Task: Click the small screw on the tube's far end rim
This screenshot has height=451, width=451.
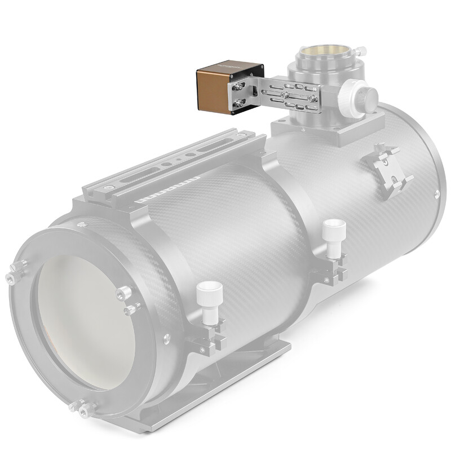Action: [x=437, y=195]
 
